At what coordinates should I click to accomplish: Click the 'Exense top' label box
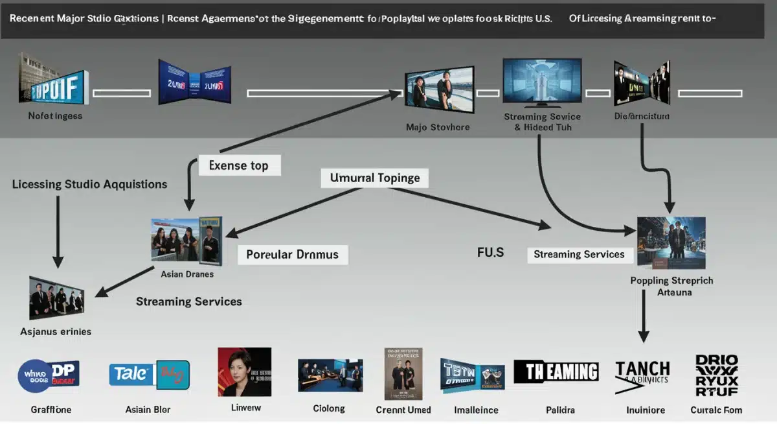238,165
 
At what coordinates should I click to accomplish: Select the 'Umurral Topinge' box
375,178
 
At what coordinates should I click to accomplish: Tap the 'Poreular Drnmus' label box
293,254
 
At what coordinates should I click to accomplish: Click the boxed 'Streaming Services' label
579,254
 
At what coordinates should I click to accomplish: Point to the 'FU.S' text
490,252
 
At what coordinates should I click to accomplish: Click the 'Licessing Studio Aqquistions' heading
89,184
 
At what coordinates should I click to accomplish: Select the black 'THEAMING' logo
556,371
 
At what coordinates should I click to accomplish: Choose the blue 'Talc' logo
150,375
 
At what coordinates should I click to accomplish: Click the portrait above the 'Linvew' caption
244,372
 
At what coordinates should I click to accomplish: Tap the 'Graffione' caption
51,410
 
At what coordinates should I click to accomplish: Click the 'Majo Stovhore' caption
438,127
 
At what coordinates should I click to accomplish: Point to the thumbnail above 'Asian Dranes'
186,241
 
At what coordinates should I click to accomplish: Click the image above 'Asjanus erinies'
57,298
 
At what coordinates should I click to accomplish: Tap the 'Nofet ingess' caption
55,115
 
